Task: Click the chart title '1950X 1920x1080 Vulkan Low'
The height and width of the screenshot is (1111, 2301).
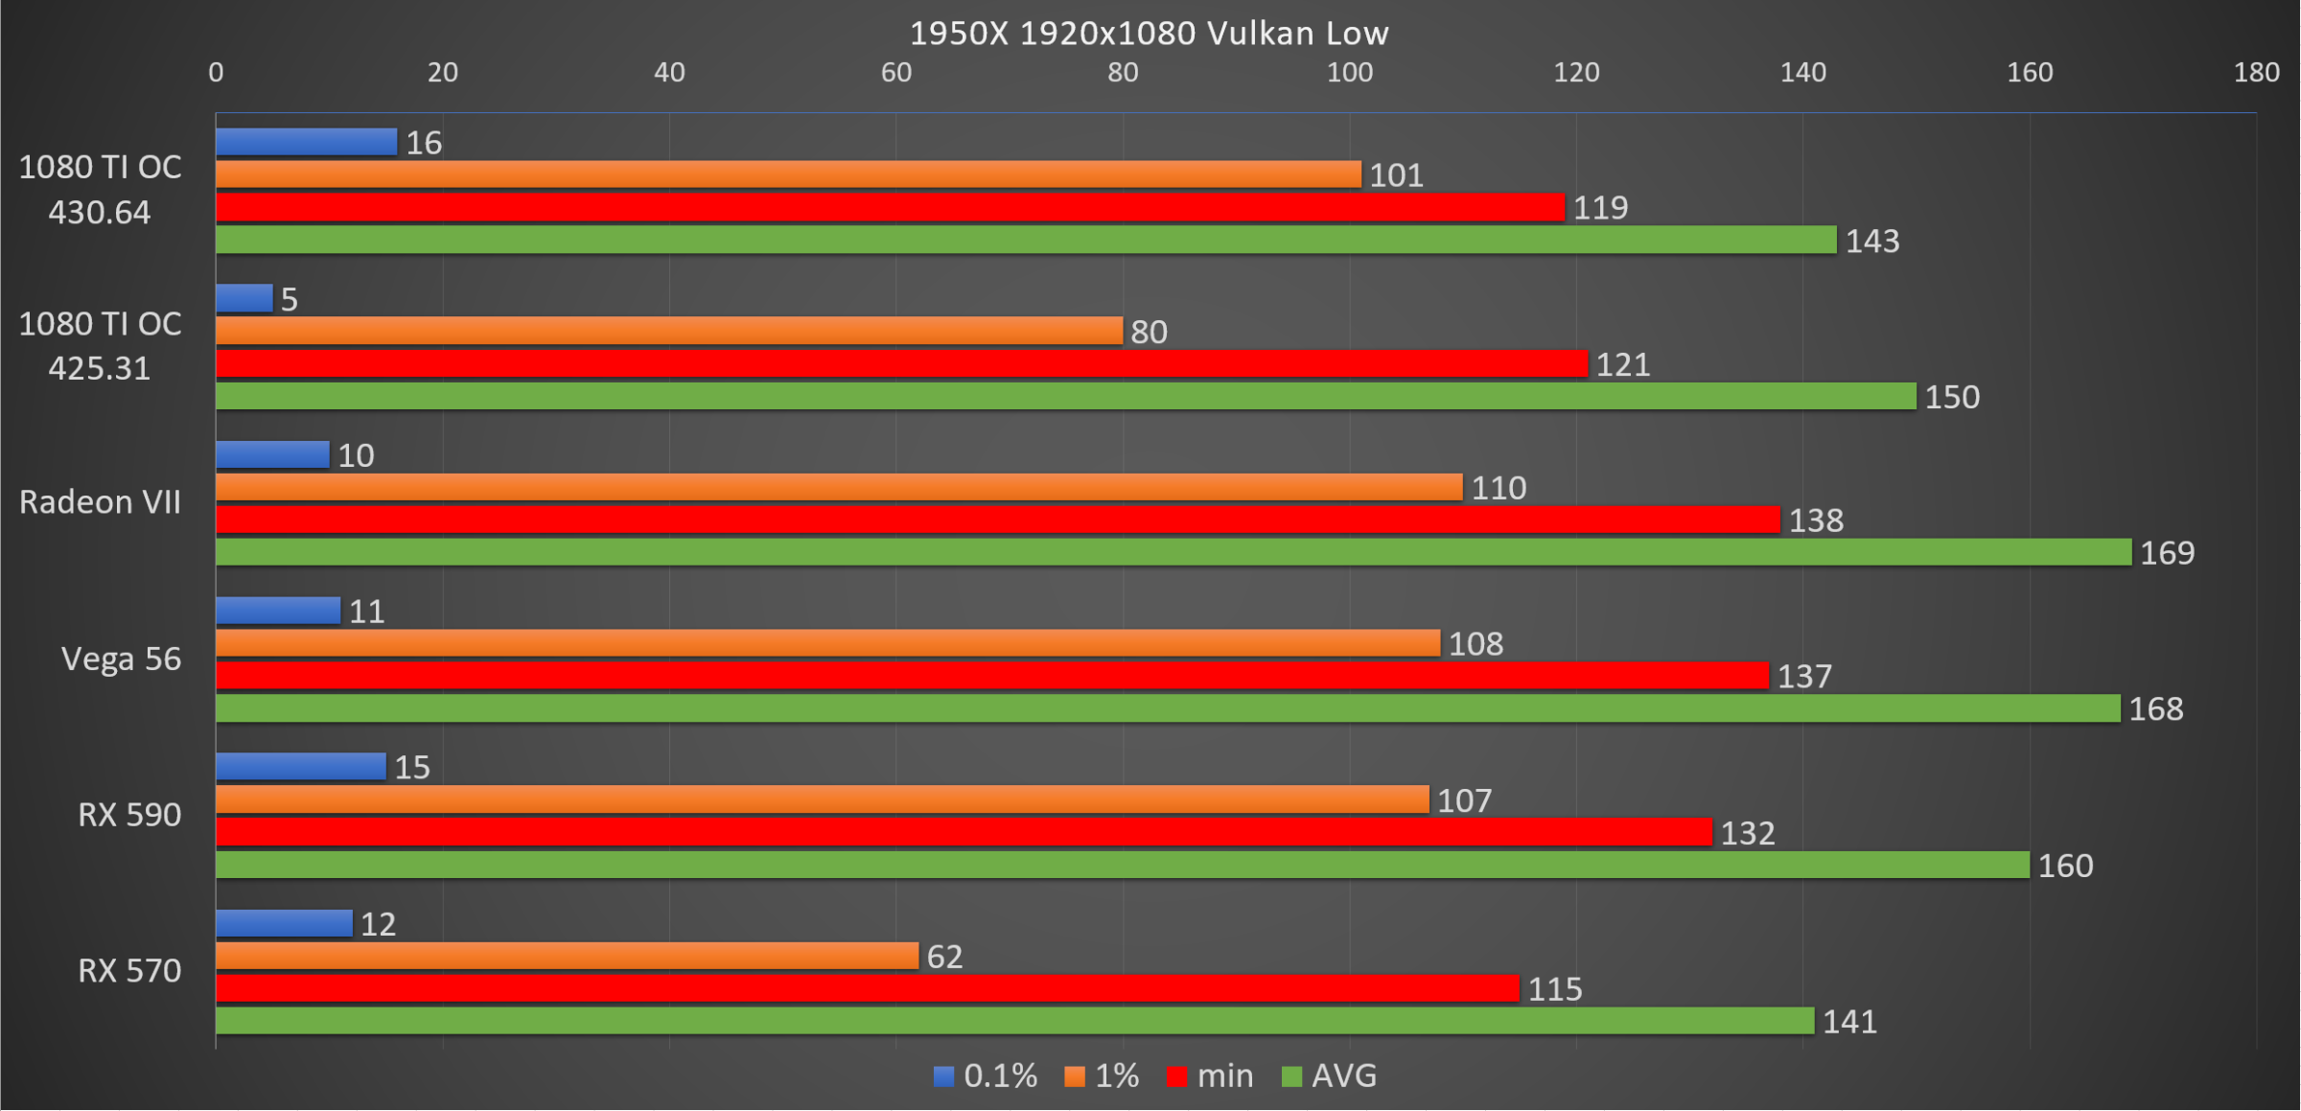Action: tap(1149, 34)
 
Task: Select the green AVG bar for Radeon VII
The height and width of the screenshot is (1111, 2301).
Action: tap(1173, 552)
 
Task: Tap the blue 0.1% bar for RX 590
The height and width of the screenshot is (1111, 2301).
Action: tap(300, 767)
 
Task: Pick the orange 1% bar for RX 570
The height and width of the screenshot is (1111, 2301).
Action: tap(567, 956)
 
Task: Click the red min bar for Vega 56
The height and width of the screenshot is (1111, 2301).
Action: tap(991, 676)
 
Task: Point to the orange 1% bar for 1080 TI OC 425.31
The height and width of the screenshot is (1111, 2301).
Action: tap(668, 331)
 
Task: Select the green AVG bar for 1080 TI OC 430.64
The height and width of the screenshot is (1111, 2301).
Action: tap(1025, 240)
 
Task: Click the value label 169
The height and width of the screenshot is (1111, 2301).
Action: tap(2167, 553)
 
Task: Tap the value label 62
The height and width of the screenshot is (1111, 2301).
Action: tap(944, 957)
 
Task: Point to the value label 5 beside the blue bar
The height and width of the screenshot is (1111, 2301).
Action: tap(290, 300)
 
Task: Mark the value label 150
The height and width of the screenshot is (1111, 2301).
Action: tap(1952, 397)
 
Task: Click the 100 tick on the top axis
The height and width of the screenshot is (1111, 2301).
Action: tap(1349, 73)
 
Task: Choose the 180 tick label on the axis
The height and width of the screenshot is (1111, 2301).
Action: tap(2256, 73)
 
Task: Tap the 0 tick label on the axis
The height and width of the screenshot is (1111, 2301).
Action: tap(216, 73)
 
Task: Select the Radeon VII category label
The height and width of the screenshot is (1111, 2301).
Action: tap(100, 502)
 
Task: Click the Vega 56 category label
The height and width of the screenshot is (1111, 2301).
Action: tap(121, 660)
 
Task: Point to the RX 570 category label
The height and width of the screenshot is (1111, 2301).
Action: tap(129, 971)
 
